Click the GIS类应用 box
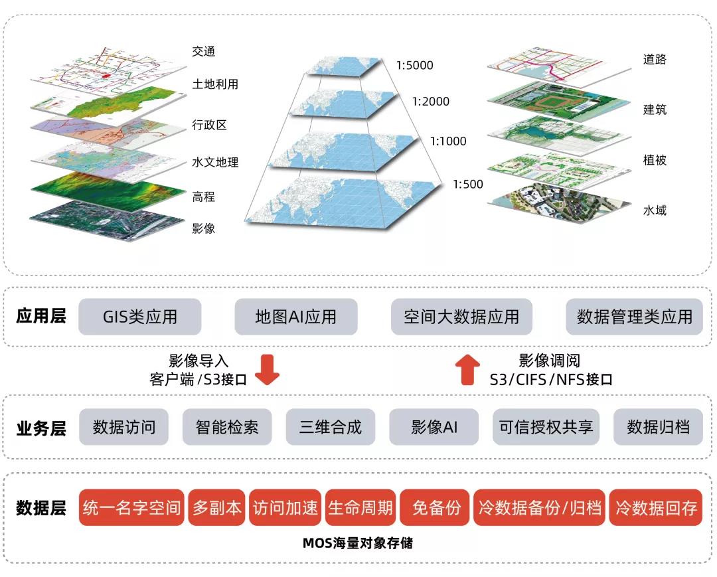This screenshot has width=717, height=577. [x=140, y=317]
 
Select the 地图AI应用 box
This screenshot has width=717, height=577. [x=296, y=317]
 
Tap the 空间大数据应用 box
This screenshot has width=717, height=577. [x=461, y=317]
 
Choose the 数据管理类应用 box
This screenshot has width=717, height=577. [x=634, y=317]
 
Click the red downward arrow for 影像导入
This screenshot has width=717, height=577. [x=268, y=370]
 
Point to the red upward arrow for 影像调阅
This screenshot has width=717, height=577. [x=469, y=370]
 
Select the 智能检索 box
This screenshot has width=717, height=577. [x=227, y=426]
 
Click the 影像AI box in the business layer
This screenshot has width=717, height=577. [x=434, y=426]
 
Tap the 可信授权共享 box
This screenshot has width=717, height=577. [x=546, y=426]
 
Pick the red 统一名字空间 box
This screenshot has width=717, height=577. [x=131, y=508]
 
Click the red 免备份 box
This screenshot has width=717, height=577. [x=436, y=508]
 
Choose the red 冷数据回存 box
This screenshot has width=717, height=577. [x=656, y=508]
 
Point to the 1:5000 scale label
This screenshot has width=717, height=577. [x=414, y=65]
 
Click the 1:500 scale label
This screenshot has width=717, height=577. [x=468, y=184]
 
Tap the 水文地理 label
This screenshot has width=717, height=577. [x=215, y=162]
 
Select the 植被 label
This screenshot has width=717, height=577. [x=655, y=160]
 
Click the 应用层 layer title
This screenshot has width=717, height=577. [x=41, y=316]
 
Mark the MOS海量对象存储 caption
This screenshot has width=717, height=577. [x=358, y=543]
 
